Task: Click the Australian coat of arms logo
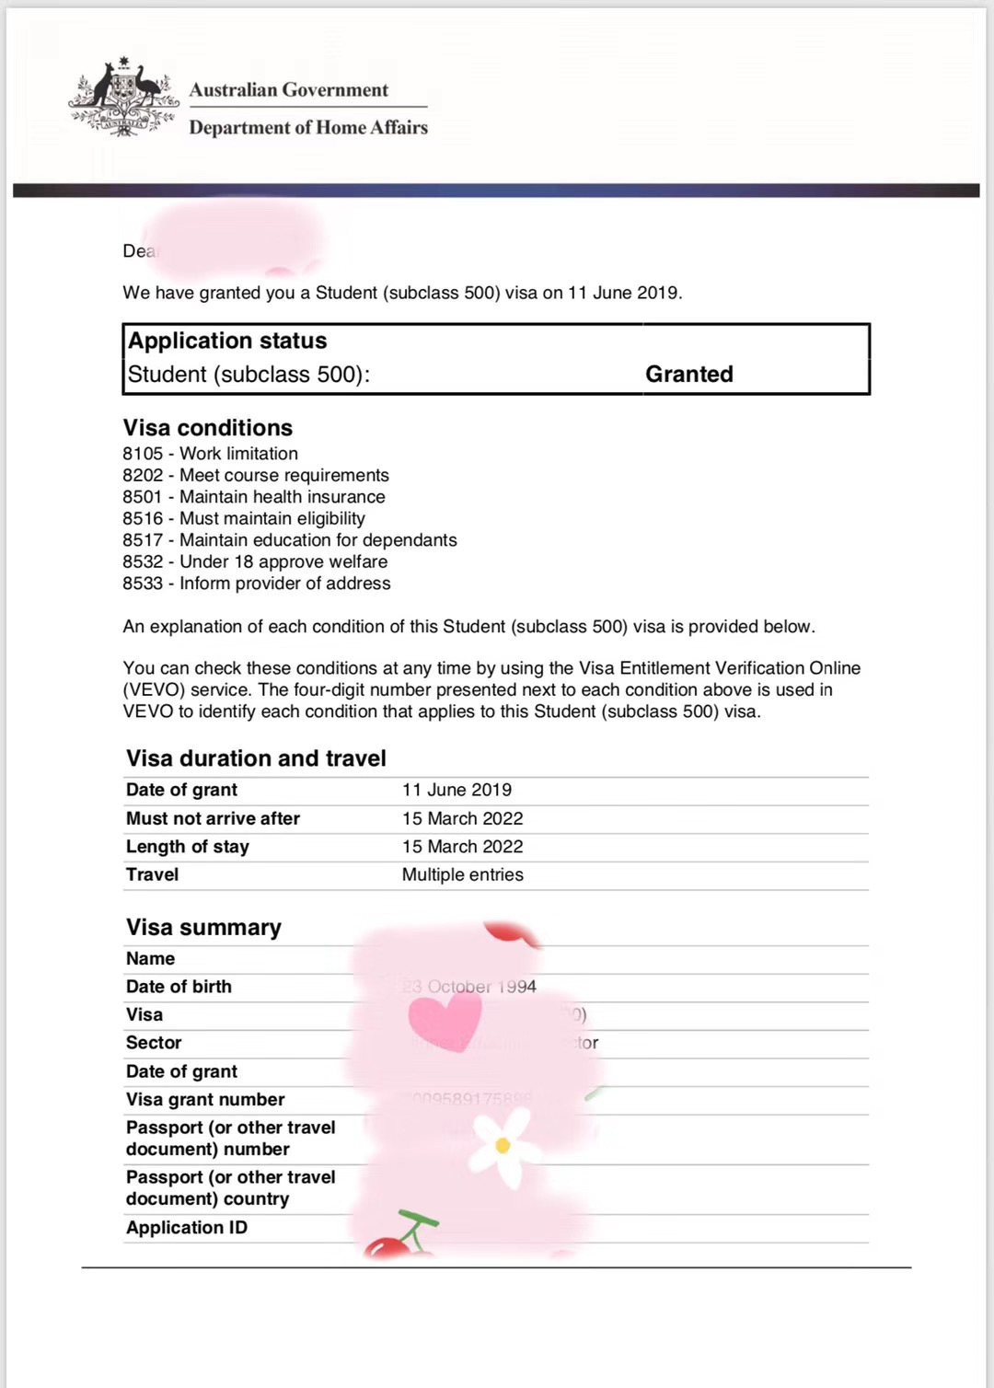pyautogui.click(x=123, y=99)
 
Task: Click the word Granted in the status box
pyautogui.click(x=688, y=375)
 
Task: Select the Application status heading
pyautogui.click(x=227, y=341)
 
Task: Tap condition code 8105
pyautogui.click(x=143, y=454)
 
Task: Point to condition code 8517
pyautogui.click(x=143, y=540)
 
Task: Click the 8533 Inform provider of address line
pyautogui.click(x=257, y=584)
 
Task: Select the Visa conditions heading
pyautogui.click(x=208, y=428)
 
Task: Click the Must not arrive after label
pyautogui.click(x=213, y=818)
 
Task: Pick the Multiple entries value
pyautogui.click(x=462, y=874)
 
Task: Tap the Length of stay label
pyautogui.click(x=187, y=847)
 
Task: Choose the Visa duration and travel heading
pyautogui.click(x=256, y=758)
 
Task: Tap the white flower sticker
pyautogui.click(x=503, y=1144)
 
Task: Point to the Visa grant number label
pyautogui.click(x=205, y=1100)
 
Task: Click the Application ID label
pyautogui.click(x=187, y=1228)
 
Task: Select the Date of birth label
pyautogui.click(x=179, y=987)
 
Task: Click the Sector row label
pyautogui.click(x=154, y=1043)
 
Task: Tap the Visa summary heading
pyautogui.click(x=203, y=928)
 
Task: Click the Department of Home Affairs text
pyautogui.click(x=308, y=128)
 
